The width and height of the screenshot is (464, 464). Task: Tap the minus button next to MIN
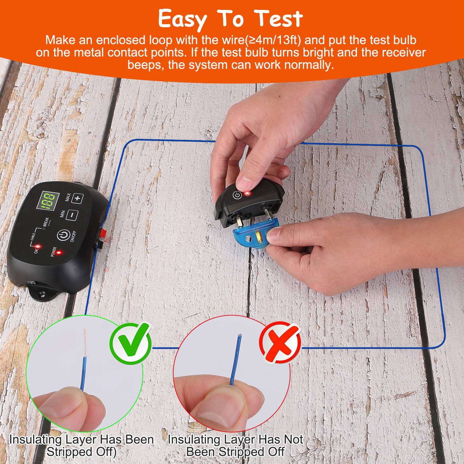point(72,214)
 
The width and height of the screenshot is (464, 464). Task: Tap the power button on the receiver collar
point(236,196)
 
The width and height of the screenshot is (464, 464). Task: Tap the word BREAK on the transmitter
point(46,222)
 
